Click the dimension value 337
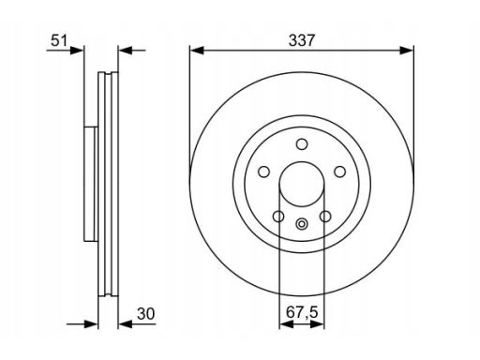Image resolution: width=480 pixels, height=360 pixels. (302, 41)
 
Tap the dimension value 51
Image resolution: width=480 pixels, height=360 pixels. (59, 40)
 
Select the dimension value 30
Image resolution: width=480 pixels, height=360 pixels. (145, 314)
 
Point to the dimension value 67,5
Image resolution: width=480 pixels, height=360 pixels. (302, 312)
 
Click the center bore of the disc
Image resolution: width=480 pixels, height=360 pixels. (302, 184)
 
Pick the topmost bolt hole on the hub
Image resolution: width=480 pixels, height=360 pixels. (302, 144)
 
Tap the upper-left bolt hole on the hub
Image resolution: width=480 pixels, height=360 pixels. (263, 172)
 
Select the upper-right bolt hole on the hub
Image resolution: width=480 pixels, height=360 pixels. (339, 172)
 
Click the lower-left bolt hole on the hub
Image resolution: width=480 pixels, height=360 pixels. (278, 217)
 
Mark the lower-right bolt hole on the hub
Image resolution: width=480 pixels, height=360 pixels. (325, 217)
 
